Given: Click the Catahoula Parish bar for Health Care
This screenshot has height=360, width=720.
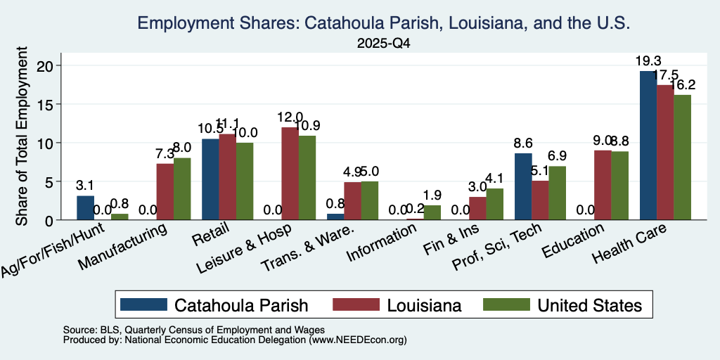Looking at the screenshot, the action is coord(648,146).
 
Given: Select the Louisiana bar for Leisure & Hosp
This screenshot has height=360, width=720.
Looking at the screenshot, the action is coord(290,174).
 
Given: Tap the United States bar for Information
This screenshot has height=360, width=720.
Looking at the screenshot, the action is coord(432,212).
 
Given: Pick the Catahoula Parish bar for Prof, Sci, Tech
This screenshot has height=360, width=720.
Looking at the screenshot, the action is coord(523,186).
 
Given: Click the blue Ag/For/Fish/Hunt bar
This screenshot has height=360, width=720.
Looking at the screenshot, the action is coord(85,208).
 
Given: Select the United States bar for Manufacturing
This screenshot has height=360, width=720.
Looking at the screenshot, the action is coord(182,189).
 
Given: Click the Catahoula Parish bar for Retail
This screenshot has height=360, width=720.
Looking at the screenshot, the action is coord(210,179).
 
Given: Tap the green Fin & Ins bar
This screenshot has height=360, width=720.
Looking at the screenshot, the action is coord(494,205).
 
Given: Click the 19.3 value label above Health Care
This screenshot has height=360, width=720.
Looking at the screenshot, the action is coord(648,61).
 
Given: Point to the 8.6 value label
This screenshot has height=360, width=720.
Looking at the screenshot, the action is coord(523,143).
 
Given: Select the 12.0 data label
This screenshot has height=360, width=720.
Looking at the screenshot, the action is coord(290,117).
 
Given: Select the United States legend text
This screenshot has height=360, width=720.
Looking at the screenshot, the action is coord(590,305).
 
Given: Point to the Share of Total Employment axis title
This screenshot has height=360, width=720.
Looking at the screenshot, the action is coord(22,136).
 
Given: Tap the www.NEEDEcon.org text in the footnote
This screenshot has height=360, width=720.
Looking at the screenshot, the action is coord(357,340).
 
